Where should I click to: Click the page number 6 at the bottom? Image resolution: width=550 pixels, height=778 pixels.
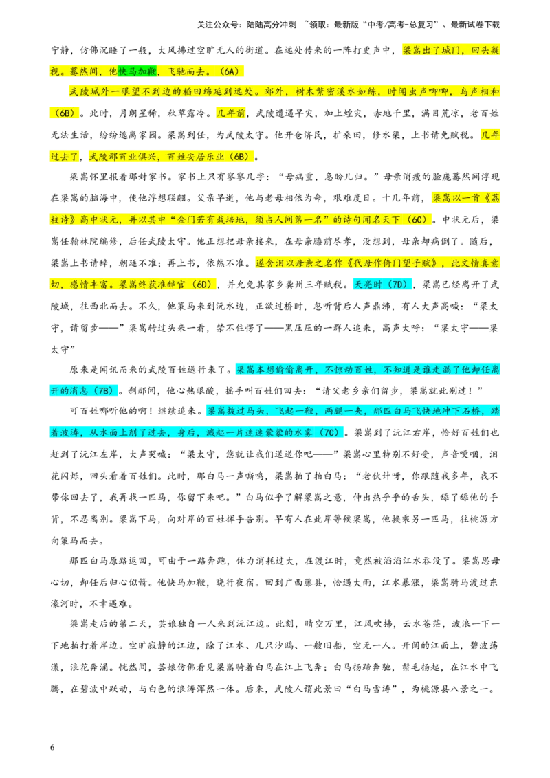pos(52,747)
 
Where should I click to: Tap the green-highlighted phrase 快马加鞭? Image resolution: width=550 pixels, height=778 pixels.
pos(137,71)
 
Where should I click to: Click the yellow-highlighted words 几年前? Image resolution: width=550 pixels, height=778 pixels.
pos(231,113)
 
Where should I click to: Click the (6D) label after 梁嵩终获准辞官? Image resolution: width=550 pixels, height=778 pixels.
pos(203,285)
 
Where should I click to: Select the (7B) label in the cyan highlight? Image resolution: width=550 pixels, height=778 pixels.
pos(105,390)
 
